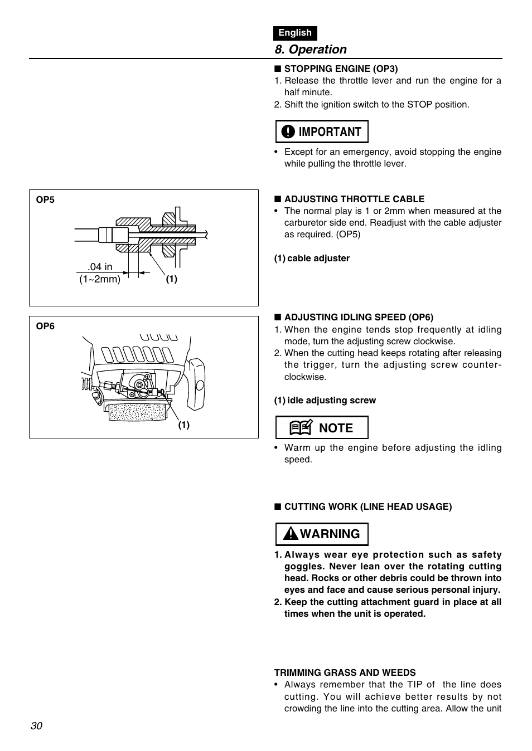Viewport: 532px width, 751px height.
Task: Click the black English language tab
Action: (x=295, y=33)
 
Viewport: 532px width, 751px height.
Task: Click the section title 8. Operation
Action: (x=311, y=50)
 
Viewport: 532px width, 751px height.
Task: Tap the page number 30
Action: (x=37, y=726)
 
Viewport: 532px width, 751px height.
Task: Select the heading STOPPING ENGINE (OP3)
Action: (x=341, y=69)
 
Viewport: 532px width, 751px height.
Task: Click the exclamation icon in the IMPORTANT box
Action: (x=288, y=132)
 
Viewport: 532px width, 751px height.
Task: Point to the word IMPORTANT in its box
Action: (x=330, y=132)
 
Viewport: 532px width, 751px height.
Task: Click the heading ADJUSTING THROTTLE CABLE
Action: (x=354, y=199)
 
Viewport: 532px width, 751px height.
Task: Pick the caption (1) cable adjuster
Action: (x=312, y=259)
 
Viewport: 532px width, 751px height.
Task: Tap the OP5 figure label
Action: (x=45, y=200)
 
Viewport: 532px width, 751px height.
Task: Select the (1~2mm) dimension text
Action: (x=100, y=279)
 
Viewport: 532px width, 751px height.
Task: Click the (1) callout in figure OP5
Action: (x=171, y=280)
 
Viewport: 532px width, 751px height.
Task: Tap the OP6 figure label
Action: (x=45, y=326)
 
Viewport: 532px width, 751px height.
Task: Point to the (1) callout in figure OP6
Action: (x=184, y=425)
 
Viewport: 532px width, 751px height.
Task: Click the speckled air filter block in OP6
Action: (x=137, y=412)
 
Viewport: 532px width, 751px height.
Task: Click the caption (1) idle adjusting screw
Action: (x=325, y=401)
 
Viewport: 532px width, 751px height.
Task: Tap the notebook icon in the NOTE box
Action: (x=300, y=428)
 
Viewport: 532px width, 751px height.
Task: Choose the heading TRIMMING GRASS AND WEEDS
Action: (x=345, y=673)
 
